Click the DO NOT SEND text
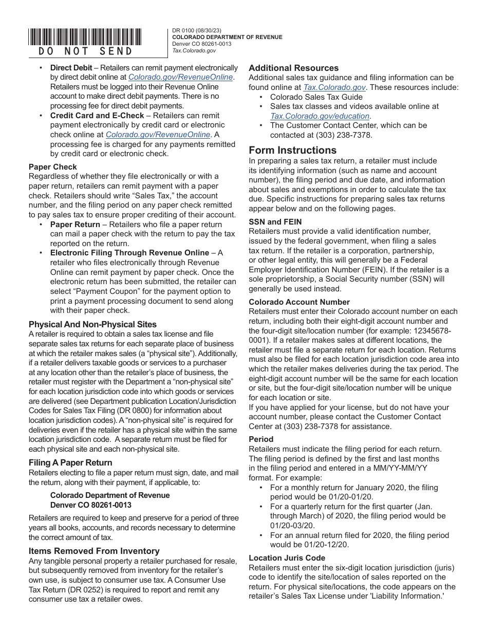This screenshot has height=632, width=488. pos(85,51)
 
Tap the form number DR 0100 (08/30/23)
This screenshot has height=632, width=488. pos(197,31)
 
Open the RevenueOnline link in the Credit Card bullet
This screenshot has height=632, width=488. pos(158,135)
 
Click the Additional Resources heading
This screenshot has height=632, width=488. pos(293,68)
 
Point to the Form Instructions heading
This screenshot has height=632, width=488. pos(292,150)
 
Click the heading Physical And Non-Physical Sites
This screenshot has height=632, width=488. pos(92,324)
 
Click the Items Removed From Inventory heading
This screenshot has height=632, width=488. pos(94,551)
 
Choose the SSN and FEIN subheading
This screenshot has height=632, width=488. pos(275,222)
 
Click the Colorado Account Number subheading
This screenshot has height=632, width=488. pos(299,302)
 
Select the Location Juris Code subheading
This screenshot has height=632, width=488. pos(287,558)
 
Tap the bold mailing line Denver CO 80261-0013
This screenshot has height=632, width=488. pos(90,505)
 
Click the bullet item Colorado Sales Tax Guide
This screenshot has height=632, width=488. pos(316,97)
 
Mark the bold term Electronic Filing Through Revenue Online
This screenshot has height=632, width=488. pos(130,253)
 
